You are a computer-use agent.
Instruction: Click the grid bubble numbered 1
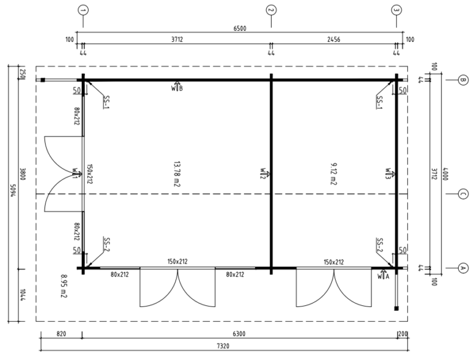pyautogui.click(x=83, y=10)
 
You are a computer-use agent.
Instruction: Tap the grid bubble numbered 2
pyautogui.click(x=271, y=10)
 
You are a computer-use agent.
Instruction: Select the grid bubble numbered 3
pyautogui.click(x=397, y=10)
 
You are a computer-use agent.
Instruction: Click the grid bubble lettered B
pyautogui.click(x=463, y=80)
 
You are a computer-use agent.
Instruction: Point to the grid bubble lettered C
pyautogui.click(x=463, y=194)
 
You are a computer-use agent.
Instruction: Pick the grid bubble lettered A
pyautogui.click(x=463, y=268)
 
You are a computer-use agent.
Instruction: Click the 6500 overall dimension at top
pyautogui.click(x=240, y=28)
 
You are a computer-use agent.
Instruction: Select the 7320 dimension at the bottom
pyautogui.click(x=223, y=346)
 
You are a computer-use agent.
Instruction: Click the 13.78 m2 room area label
pyautogui.click(x=177, y=174)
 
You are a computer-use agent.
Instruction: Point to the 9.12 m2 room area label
pyautogui.click(x=333, y=174)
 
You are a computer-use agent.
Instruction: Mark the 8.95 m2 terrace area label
pyautogui.click(x=63, y=286)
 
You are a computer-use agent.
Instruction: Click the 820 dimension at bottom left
pyautogui.click(x=61, y=334)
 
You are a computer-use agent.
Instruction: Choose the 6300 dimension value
pyautogui.click(x=239, y=334)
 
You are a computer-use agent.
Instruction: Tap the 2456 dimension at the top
pyautogui.click(x=334, y=39)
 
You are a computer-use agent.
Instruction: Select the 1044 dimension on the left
pyautogui.click(x=23, y=296)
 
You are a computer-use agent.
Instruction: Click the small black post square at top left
pyautogui.click(x=43, y=80)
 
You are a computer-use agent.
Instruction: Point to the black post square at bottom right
pyautogui.click(x=397, y=308)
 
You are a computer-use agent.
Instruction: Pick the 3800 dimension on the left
pyautogui.click(x=23, y=174)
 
